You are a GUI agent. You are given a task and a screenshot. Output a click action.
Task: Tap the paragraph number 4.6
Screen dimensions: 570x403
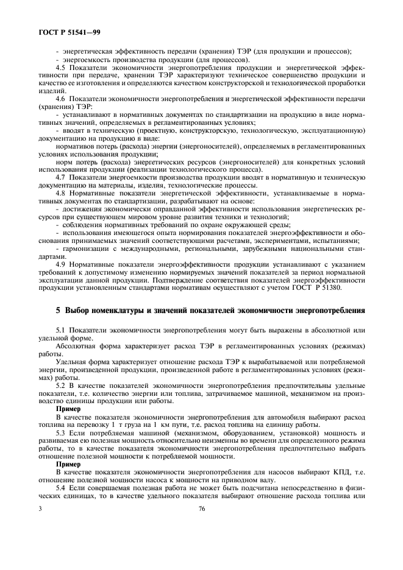coord(62,98)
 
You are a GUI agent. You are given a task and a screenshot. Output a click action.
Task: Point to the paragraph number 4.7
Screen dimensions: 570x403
coord(62,176)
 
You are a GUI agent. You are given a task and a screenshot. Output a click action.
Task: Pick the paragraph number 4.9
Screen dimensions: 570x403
coord(62,265)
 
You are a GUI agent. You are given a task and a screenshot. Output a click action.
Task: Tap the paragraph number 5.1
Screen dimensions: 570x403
coord(62,331)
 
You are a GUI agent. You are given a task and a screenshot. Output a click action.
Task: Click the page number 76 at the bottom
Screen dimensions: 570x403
coord(201,510)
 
